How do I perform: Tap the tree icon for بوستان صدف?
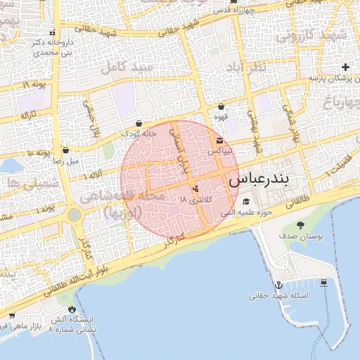click(x=301, y=225)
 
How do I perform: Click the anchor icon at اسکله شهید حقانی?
click(x=279, y=285)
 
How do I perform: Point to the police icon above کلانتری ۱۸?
click(x=195, y=188)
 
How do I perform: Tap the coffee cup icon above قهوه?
click(x=221, y=107)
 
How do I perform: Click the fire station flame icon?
click(x=71, y=308)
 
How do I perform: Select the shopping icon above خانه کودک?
click(x=139, y=122)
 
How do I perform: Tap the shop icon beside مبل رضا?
click(x=65, y=149)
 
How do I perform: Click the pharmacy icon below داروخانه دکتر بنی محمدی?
click(x=51, y=32)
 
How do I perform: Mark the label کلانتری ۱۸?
click(x=194, y=200)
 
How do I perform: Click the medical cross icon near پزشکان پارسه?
click(x=345, y=67)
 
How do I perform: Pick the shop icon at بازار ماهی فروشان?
click(x=11, y=316)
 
